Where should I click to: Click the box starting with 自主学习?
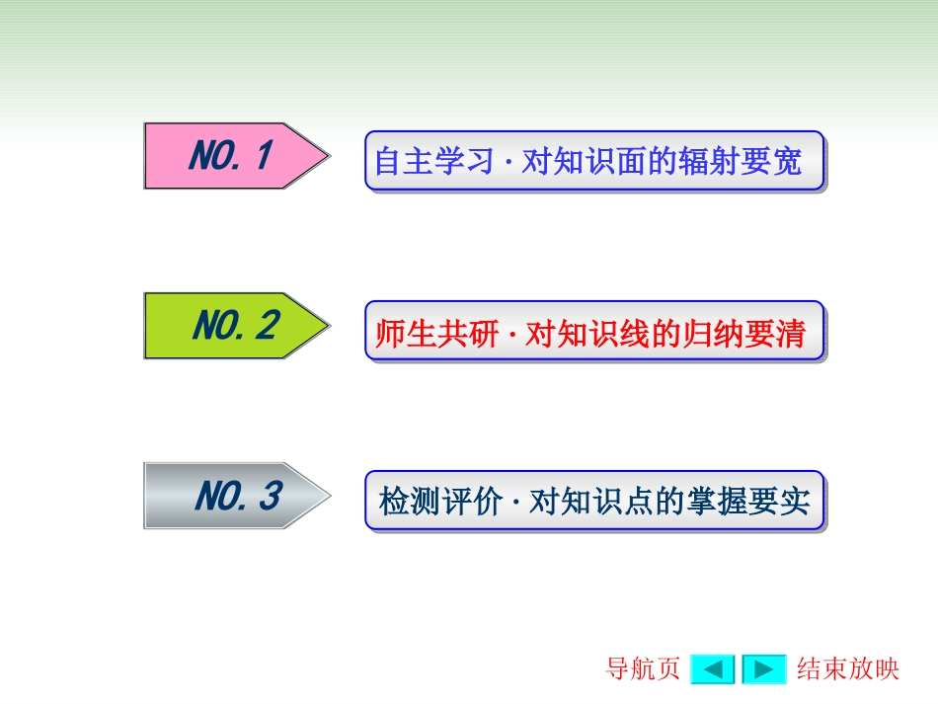(x=594, y=161)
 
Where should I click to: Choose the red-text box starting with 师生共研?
(x=594, y=332)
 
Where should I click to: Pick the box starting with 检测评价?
(x=594, y=502)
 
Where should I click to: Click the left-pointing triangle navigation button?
(x=712, y=669)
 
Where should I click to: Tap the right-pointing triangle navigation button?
(x=763, y=669)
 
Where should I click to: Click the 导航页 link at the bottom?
(x=643, y=669)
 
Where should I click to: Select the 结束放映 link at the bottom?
(x=848, y=669)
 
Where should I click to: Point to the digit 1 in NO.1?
(x=262, y=156)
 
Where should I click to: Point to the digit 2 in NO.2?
(x=266, y=326)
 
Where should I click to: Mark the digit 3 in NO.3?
(x=270, y=496)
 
